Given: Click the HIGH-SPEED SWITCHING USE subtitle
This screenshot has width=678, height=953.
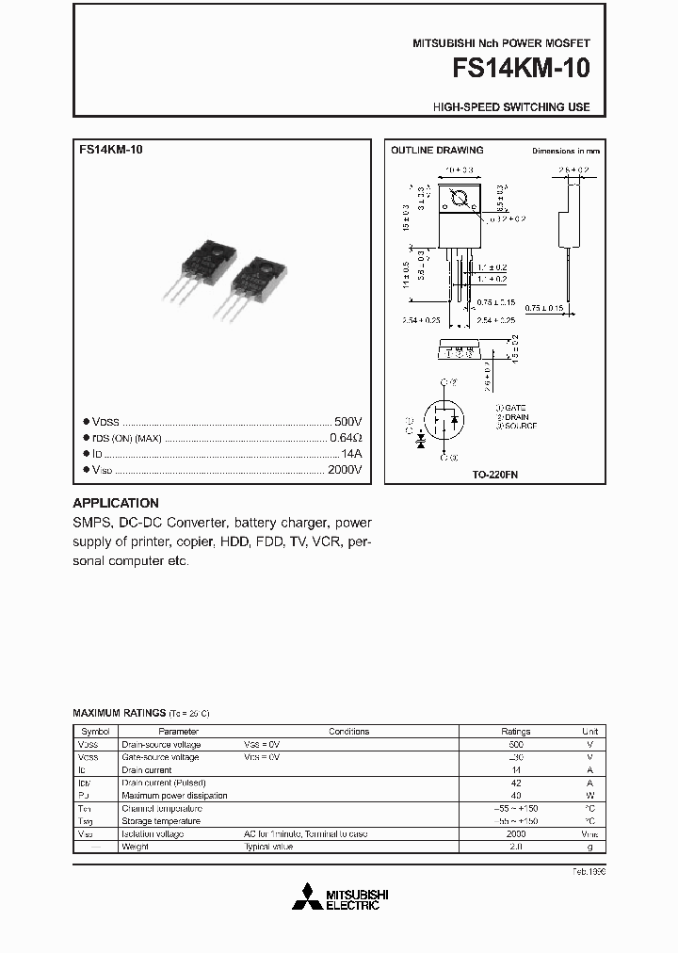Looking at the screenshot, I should (x=511, y=107).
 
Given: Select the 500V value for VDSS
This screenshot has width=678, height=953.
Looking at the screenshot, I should (x=347, y=422).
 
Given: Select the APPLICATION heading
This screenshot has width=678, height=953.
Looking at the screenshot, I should (x=116, y=503).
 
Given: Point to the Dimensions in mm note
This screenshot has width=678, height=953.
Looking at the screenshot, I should (x=566, y=151).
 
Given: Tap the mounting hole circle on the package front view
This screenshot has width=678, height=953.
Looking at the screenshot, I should (x=461, y=199).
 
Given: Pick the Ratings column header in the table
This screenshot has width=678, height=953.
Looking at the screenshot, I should (x=515, y=731).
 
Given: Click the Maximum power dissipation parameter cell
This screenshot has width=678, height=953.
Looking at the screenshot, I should (x=174, y=796).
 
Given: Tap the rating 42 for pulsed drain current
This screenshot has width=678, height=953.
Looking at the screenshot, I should (x=515, y=783).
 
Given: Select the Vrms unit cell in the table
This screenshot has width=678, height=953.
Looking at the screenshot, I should (x=589, y=834).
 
